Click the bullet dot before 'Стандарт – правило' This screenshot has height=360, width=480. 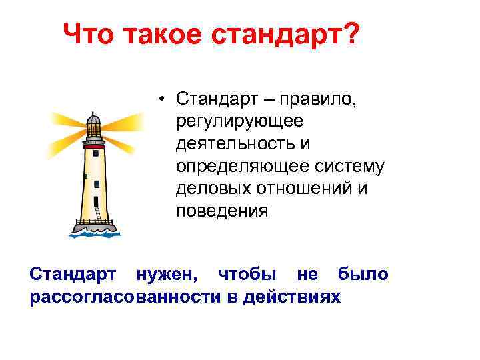tap(163, 100)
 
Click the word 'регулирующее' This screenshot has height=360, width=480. tap(239, 121)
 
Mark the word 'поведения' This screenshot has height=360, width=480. tap(221, 211)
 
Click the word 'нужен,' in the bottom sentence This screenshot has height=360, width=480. tap(163, 274)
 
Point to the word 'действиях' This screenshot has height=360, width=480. tap(291, 296)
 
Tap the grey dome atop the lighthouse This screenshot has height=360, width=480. tap(94, 120)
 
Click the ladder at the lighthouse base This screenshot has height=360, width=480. tap(99, 214)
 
